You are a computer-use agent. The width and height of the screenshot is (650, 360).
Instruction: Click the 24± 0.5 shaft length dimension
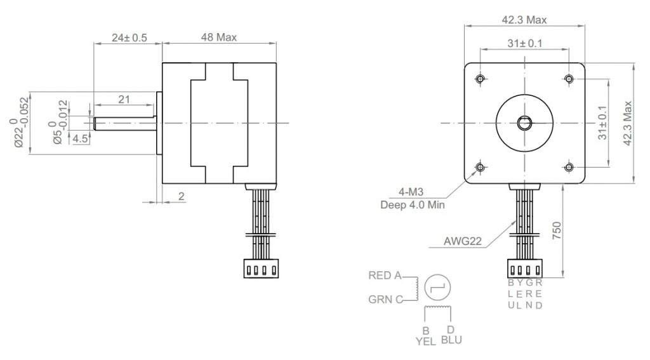click(129, 37)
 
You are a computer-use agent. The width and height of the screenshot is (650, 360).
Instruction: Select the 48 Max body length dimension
click(219, 37)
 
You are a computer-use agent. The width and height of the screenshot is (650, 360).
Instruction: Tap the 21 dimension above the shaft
click(124, 100)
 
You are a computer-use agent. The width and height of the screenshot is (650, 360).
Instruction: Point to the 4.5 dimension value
click(81, 138)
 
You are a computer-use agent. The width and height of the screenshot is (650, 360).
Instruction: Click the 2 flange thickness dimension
click(181, 196)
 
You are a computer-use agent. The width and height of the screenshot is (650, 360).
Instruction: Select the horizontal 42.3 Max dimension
click(524, 20)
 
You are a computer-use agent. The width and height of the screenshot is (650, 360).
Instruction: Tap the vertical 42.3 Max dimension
click(628, 123)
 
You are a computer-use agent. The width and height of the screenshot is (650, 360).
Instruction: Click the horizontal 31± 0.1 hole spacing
click(525, 43)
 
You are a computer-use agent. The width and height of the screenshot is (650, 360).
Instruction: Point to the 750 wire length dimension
click(556, 230)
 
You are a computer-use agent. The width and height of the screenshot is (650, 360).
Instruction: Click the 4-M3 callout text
click(411, 192)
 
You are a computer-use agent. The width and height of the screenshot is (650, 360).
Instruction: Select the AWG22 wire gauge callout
click(463, 241)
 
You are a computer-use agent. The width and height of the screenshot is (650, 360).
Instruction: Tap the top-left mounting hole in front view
click(481, 79)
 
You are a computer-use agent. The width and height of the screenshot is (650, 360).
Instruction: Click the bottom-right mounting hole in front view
click(569, 167)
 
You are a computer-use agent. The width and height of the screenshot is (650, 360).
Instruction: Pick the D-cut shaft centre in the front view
click(524, 123)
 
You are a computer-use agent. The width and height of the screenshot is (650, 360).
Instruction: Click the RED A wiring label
click(385, 276)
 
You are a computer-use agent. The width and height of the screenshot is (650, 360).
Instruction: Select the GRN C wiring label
click(385, 300)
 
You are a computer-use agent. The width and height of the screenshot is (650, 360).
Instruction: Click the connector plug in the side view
click(261, 269)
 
